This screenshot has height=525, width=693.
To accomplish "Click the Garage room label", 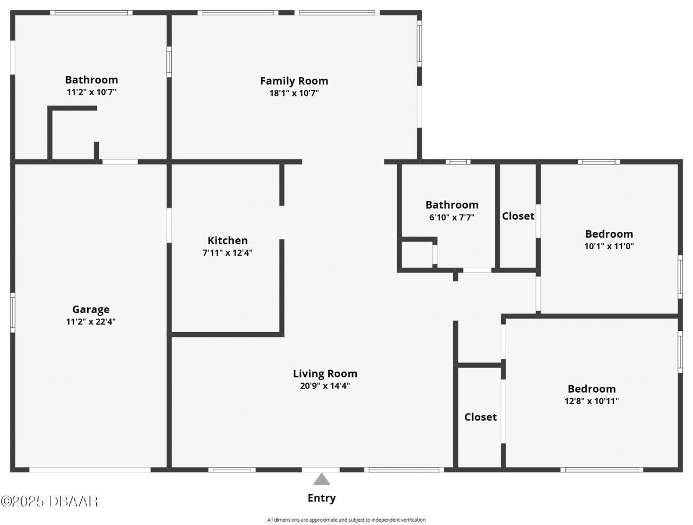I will pyautogui.click(x=91, y=309).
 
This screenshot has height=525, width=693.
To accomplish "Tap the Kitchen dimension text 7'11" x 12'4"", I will pyautogui.click(x=227, y=252).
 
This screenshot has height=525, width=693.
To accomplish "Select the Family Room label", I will pyautogui.click(x=294, y=81).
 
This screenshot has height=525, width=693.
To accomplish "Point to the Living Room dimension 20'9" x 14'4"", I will pyautogui.click(x=325, y=386).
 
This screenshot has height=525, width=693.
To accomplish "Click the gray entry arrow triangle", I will pyautogui.click(x=322, y=479).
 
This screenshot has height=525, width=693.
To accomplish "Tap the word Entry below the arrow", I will pyautogui.click(x=322, y=498).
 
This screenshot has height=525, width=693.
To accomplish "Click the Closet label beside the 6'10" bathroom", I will pyautogui.click(x=518, y=216).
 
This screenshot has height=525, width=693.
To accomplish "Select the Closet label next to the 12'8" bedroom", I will pyautogui.click(x=480, y=417).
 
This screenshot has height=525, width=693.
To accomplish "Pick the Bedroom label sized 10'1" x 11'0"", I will pyautogui.click(x=609, y=234).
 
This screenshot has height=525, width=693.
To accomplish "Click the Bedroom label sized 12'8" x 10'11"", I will pyautogui.click(x=591, y=388).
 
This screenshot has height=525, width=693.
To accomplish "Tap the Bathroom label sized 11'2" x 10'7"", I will pyautogui.click(x=91, y=80).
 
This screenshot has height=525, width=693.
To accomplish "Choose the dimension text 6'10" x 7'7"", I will pyautogui.click(x=452, y=217).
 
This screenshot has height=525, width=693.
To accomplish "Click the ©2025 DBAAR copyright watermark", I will pyautogui.click(x=49, y=501).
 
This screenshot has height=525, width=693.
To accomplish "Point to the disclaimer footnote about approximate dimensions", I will pyautogui.click(x=346, y=520).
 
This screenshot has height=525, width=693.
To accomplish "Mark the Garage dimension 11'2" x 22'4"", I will pyautogui.click(x=91, y=322).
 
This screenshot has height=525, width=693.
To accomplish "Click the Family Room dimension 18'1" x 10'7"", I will pyautogui.click(x=294, y=93).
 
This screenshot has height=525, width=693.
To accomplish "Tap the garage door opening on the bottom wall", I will pyautogui.click(x=90, y=470).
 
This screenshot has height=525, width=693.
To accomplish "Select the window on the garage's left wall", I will pyautogui.click(x=12, y=312).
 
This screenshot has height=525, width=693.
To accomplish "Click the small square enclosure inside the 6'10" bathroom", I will pyautogui.click(x=416, y=254).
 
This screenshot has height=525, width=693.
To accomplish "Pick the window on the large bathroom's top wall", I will pyautogui.click(x=91, y=12).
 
